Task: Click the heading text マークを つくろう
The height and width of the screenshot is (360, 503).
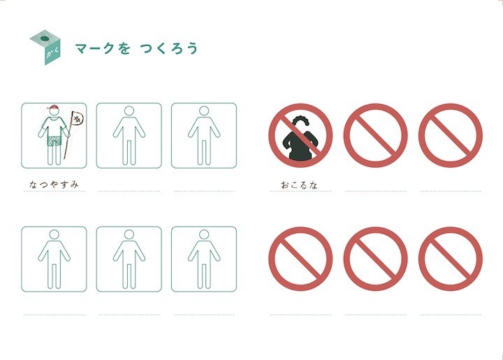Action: (x=136, y=48)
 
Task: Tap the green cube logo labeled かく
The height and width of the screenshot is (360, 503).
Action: (x=45, y=48)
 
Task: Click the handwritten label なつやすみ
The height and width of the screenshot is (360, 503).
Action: (x=54, y=185)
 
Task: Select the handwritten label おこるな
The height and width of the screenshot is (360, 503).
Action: (x=299, y=185)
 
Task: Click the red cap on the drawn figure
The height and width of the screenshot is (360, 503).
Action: (x=53, y=107)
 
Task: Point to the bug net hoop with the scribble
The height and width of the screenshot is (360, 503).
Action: (x=78, y=120)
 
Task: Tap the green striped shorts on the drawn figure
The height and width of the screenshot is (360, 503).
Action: (x=54, y=141)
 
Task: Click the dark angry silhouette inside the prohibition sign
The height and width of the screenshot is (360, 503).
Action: (x=300, y=141)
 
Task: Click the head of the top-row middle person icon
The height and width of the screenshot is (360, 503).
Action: (x=129, y=110)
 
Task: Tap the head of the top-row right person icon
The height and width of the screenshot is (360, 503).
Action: (x=204, y=110)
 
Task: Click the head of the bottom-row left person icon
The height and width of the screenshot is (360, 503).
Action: (x=54, y=235)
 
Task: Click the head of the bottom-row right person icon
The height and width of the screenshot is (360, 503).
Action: (x=204, y=235)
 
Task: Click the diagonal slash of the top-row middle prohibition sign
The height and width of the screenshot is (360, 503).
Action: (x=375, y=135)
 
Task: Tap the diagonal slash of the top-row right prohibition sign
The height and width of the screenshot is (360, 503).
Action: (x=451, y=135)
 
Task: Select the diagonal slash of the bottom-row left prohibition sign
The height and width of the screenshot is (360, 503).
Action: (x=300, y=259)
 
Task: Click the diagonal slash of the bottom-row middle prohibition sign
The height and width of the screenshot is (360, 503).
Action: (x=375, y=259)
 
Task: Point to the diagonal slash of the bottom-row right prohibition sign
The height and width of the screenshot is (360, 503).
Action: (x=451, y=259)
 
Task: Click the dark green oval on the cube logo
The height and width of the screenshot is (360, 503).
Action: (x=44, y=39)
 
